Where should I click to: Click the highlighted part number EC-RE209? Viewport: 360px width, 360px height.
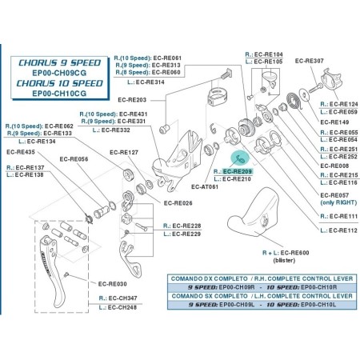pos(238,171)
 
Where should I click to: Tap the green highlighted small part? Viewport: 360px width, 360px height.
pos(236,159)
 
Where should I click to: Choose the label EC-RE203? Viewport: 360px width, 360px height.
pos(130,100)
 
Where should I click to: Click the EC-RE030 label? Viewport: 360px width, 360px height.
pos(114,283)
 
